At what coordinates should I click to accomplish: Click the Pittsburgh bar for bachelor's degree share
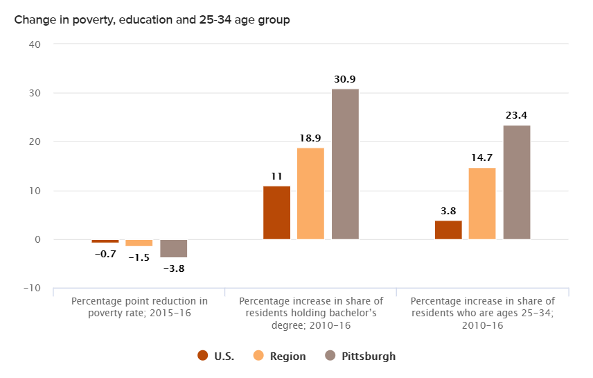[x=345, y=164]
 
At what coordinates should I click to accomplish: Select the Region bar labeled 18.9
[x=310, y=194]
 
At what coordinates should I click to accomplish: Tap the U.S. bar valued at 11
[x=276, y=213]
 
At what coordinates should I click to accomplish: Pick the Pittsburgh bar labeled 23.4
[x=517, y=182]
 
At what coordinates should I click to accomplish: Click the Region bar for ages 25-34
[x=482, y=204]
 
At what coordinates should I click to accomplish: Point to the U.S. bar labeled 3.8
[x=448, y=230]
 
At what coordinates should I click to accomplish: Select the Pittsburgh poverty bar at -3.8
[x=173, y=248]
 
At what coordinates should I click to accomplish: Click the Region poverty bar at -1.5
[x=139, y=243]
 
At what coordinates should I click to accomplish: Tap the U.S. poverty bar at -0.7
[x=105, y=241]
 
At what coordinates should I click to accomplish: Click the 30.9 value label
[x=345, y=80]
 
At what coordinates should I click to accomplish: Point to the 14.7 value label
[x=482, y=158]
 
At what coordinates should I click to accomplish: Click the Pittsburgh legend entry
[x=360, y=356]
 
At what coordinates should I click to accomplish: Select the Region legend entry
[x=280, y=356]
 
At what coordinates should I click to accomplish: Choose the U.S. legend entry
[x=216, y=356]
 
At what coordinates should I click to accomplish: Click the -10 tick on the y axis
[x=33, y=289]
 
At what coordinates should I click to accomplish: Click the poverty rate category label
[x=139, y=307]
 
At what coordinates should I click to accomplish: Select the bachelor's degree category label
[x=311, y=313]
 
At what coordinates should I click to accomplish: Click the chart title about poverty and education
[x=152, y=20]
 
